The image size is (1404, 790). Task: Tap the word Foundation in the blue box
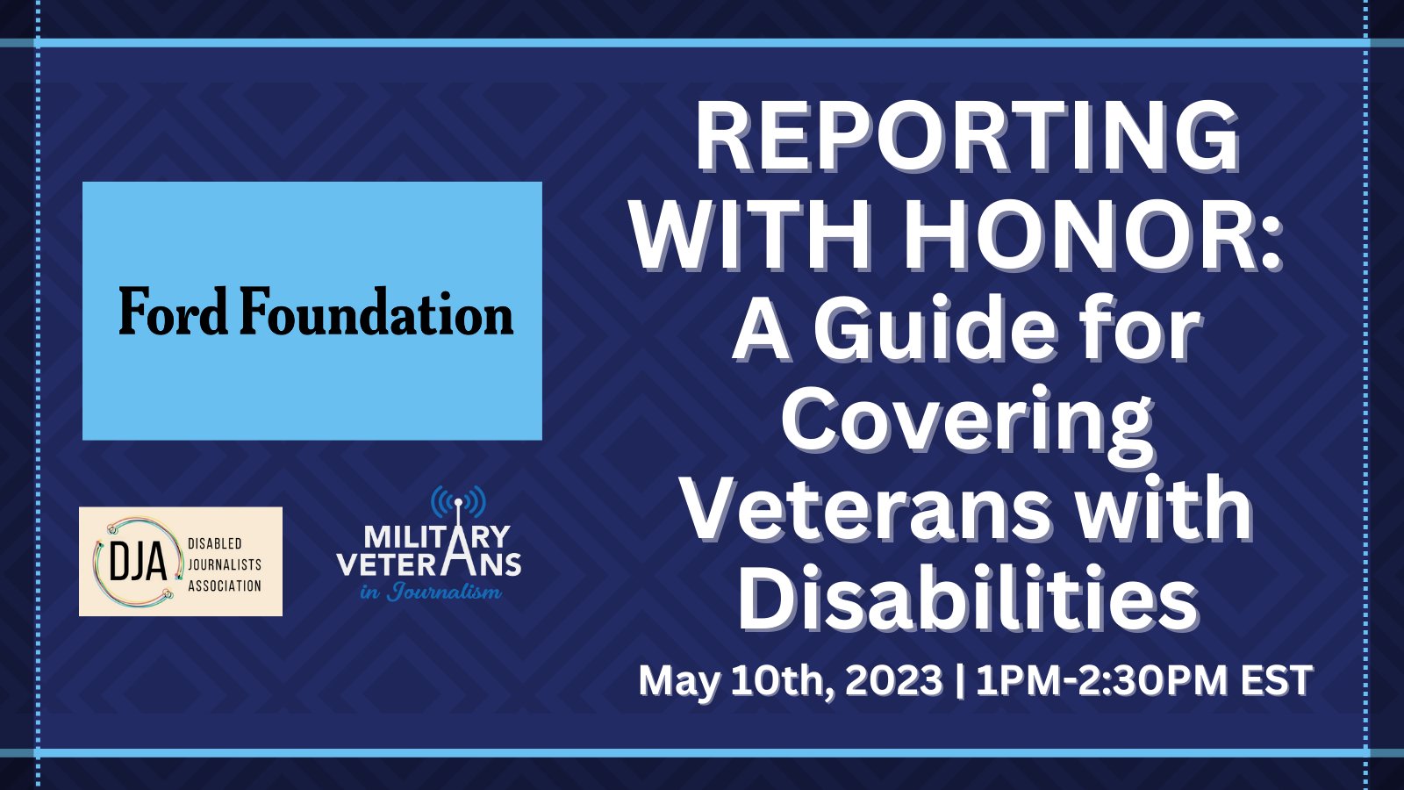(x=376, y=312)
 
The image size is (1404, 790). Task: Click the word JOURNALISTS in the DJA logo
(x=225, y=564)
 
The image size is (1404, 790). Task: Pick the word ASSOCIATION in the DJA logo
(x=225, y=585)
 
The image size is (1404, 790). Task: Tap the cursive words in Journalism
(x=431, y=592)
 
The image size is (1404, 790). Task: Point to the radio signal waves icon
(x=458, y=503)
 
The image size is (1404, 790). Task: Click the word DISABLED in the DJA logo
(x=215, y=543)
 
